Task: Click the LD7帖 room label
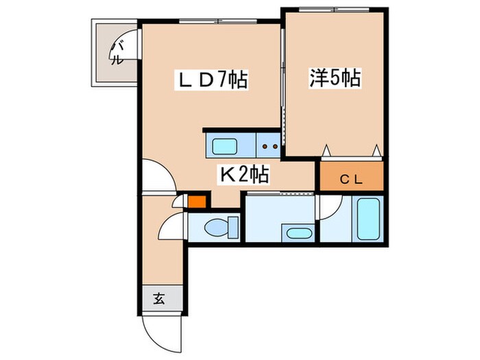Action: click(x=213, y=81)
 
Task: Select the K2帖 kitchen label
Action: click(x=243, y=176)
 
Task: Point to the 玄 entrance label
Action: click(x=158, y=298)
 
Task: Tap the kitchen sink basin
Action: click(x=224, y=145)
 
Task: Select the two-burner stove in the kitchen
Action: click(x=269, y=145)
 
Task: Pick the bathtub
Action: click(x=368, y=217)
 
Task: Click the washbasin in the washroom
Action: click(x=298, y=232)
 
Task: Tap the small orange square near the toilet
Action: click(x=197, y=202)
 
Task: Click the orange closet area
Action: click(x=352, y=177)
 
